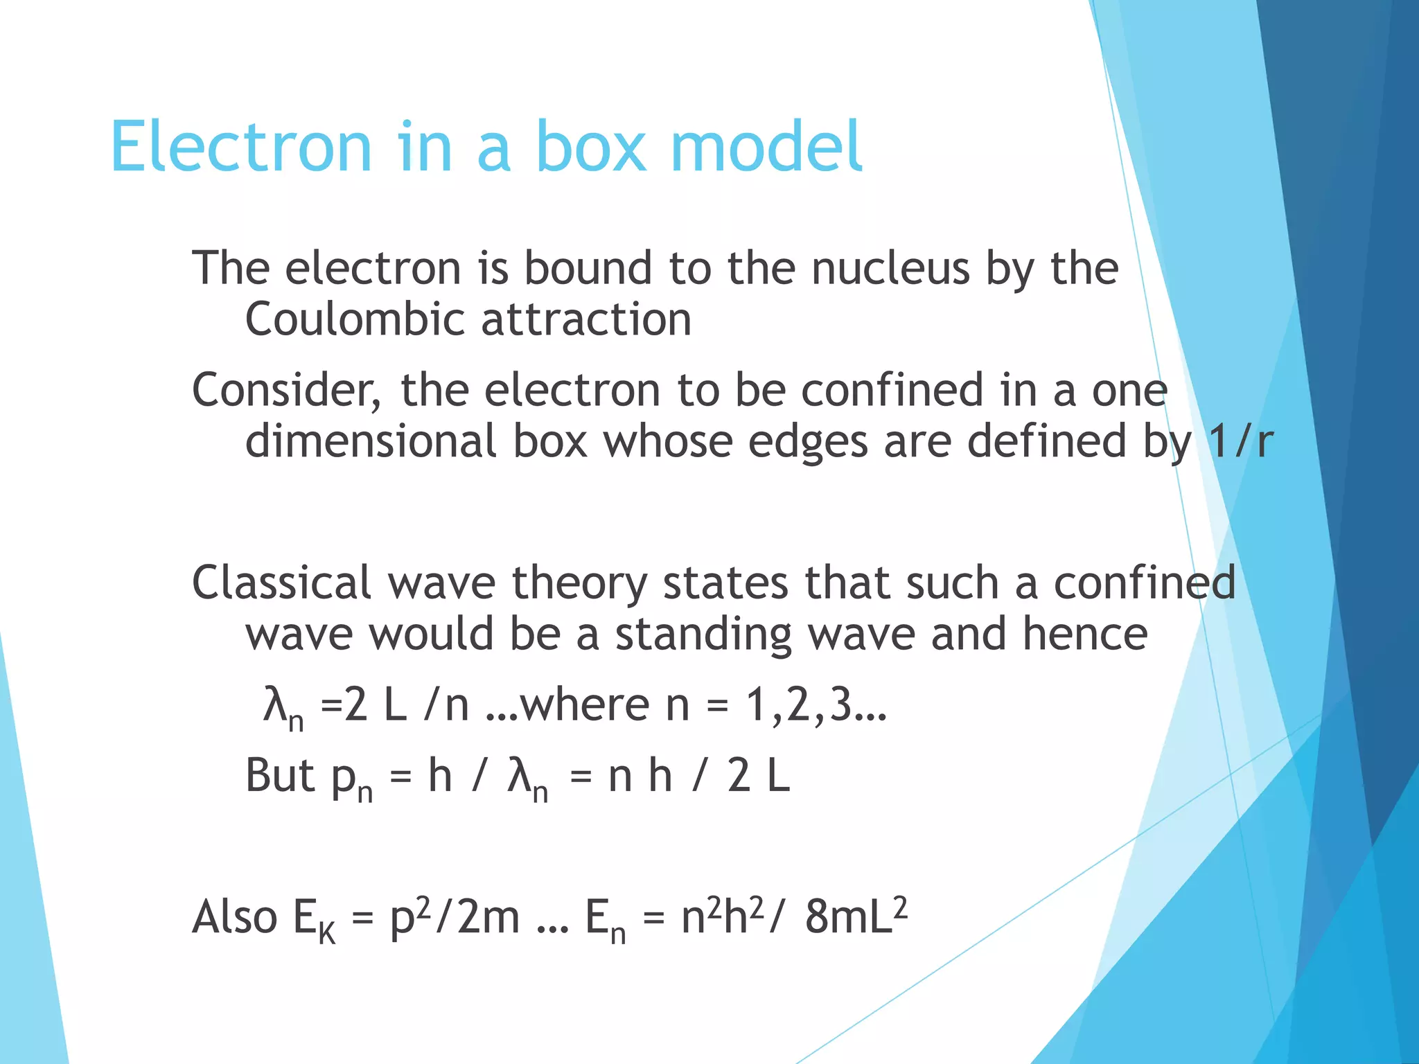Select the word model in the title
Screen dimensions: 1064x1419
point(766,147)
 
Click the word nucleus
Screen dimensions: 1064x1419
point(890,269)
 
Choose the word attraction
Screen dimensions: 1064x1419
point(586,320)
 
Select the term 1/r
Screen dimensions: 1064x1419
point(1240,442)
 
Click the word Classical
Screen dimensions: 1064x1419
point(281,583)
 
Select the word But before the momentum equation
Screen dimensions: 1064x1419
point(281,776)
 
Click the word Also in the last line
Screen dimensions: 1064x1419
point(235,917)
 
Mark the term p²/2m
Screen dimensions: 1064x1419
point(455,917)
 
